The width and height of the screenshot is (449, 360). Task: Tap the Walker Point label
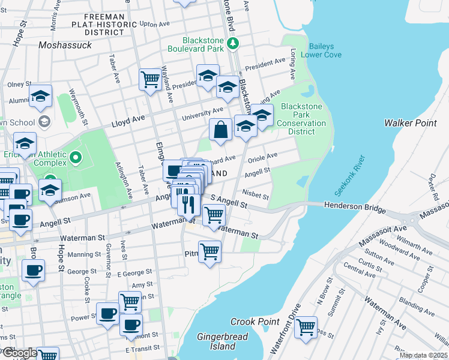(411, 123)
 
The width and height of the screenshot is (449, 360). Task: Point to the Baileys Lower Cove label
(325, 50)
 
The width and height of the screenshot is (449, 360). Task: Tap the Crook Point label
(255, 322)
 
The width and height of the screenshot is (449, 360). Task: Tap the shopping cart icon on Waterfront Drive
(306, 327)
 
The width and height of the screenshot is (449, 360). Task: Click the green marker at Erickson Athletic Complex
(75, 158)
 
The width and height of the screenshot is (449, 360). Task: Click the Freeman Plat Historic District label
(97, 24)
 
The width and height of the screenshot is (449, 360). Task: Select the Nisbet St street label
(255, 193)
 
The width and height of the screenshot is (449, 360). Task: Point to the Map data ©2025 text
(424, 355)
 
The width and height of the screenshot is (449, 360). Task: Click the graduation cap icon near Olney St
(40, 95)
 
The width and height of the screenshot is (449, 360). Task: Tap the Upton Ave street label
(151, 25)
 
